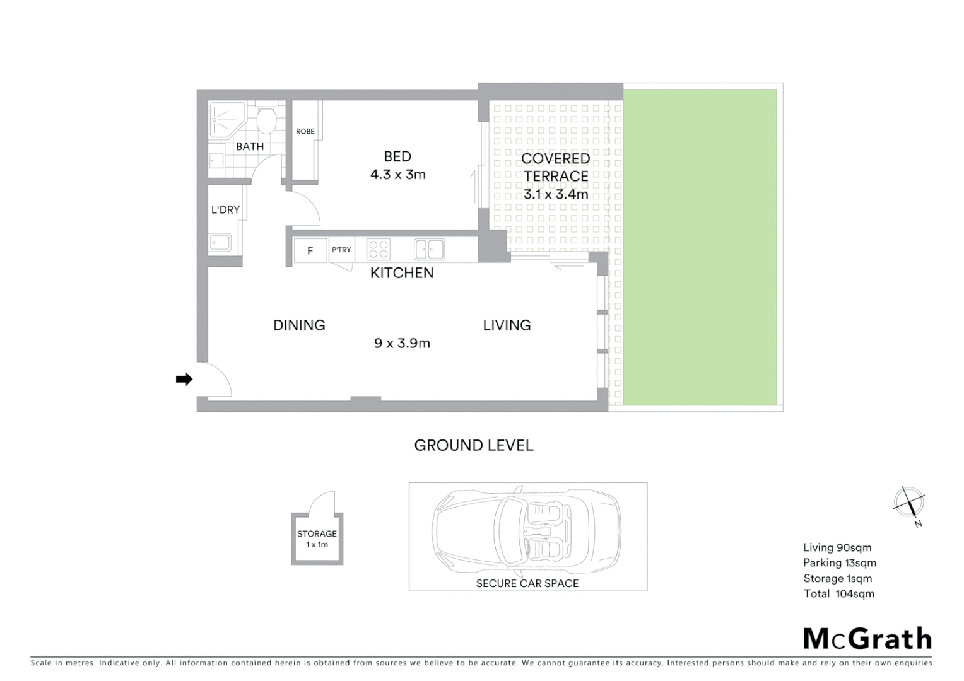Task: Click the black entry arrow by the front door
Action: pos(184,379)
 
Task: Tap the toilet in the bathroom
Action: pos(266,120)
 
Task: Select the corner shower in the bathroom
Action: pos(223,119)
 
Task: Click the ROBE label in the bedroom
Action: pos(305,131)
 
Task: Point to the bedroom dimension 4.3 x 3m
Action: pos(397,175)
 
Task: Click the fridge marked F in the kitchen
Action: pos(310,250)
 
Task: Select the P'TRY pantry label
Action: pos(341,250)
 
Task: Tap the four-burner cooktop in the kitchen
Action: pos(379,250)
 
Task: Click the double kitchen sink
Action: pos(430,249)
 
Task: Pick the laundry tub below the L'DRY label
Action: pos(220,242)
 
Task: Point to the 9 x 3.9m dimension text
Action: pos(402,343)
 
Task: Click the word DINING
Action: pos(299,325)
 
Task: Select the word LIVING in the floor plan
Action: pos(507,325)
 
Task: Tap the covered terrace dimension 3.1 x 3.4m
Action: pos(556,194)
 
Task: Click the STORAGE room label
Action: pos(317,533)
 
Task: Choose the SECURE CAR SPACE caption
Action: pos(527,583)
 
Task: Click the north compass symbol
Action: pos(909,503)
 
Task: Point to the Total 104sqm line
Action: pos(838,593)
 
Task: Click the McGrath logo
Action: pos(867,639)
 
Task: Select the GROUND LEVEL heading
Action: pos(474,445)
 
